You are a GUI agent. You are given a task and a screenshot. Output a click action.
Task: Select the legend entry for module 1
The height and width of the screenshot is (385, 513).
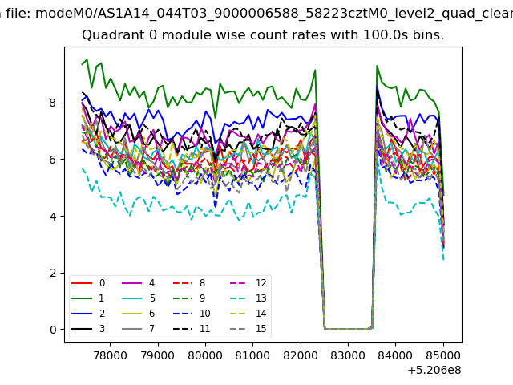[x=88, y=298]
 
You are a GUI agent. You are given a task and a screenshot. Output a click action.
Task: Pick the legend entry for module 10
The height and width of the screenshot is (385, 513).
[x=192, y=314]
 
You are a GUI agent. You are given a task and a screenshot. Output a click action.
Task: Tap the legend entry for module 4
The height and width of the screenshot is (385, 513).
[x=139, y=283]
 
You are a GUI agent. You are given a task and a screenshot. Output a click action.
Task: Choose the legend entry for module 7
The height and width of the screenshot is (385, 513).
[x=139, y=329]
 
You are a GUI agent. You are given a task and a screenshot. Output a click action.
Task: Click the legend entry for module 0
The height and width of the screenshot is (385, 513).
[x=88, y=283]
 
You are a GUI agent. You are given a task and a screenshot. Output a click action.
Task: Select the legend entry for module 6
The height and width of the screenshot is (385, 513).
[x=139, y=314]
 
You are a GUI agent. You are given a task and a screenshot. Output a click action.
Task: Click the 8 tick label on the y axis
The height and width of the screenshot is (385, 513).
[x=53, y=103]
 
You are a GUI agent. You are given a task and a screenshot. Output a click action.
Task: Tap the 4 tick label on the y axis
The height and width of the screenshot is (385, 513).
[x=53, y=216]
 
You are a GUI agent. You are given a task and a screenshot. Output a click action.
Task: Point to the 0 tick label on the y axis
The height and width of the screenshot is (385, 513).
[x=53, y=330]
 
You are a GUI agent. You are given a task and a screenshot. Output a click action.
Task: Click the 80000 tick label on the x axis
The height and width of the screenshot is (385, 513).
[x=205, y=355]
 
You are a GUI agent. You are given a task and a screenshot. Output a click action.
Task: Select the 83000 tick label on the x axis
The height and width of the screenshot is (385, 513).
[x=348, y=355]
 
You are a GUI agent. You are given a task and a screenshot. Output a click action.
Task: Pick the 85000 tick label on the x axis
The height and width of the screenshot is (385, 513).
[x=443, y=355]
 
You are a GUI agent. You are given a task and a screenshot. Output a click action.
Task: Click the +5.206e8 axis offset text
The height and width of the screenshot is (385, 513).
[x=434, y=370]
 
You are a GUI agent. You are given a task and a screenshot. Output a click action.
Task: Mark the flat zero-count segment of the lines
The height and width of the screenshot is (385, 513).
[x=348, y=329]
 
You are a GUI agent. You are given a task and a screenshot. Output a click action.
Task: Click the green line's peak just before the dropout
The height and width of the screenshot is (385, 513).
[x=315, y=70]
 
